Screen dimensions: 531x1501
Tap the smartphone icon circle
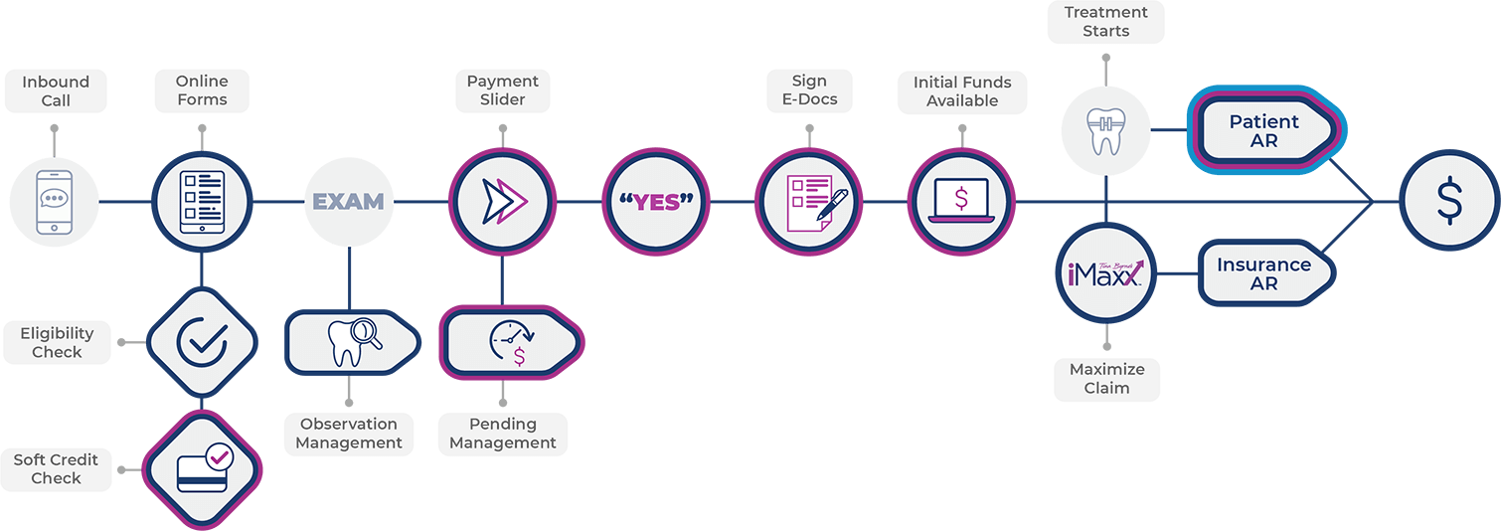click(x=55, y=202)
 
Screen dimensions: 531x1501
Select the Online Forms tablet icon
click(x=203, y=202)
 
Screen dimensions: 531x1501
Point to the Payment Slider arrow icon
click(x=501, y=202)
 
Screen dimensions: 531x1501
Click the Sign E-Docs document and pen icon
click(x=807, y=202)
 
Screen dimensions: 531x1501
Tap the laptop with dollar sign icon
click(x=960, y=202)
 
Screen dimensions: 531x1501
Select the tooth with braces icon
click(x=1105, y=131)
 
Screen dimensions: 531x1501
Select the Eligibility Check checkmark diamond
click(x=202, y=341)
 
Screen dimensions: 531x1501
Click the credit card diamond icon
click(x=202, y=468)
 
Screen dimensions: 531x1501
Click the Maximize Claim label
click(x=1106, y=378)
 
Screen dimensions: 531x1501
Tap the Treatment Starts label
click(x=1106, y=20)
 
